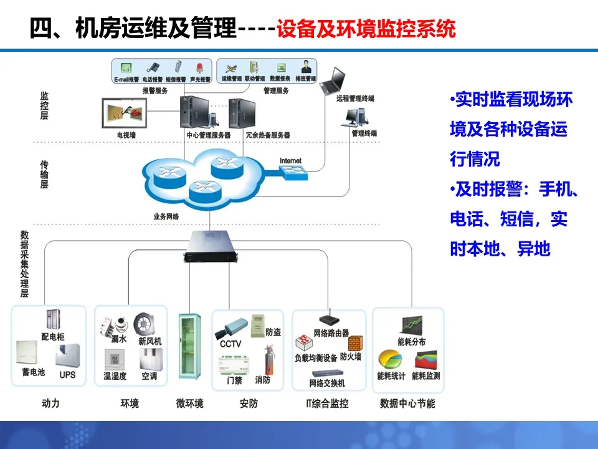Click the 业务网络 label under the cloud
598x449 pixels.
point(166,216)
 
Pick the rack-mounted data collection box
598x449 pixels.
point(211,246)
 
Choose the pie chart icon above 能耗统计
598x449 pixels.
point(390,360)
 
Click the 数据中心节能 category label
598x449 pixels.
point(407,404)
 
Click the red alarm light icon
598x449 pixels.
point(200,68)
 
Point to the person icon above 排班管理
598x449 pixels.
point(306,67)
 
